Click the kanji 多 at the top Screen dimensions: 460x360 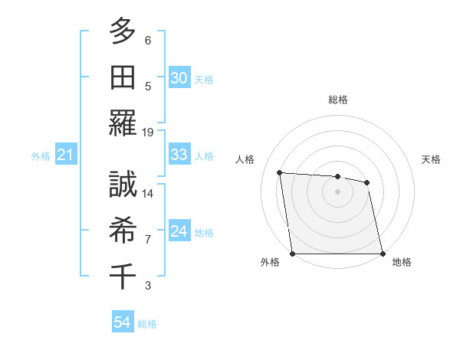(x=122, y=31)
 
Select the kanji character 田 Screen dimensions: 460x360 (x=122, y=77)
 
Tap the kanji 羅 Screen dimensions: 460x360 (x=122, y=123)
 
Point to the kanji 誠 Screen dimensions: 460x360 (x=122, y=185)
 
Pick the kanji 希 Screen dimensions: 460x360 (x=122, y=230)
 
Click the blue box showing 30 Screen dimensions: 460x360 (x=179, y=78)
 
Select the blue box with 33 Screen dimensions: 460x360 (x=179, y=155)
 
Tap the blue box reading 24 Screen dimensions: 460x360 (x=179, y=232)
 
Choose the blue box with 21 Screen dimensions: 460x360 (x=66, y=155)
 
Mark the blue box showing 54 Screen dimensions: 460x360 (x=122, y=323)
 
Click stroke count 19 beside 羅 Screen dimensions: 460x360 (x=148, y=132)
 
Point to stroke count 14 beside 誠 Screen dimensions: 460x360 (x=148, y=194)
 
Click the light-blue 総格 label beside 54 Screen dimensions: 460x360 (x=147, y=324)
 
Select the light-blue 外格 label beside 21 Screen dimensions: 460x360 (x=41, y=156)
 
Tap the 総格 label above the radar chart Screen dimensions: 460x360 (x=337, y=100)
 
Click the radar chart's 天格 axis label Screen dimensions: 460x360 (x=432, y=159)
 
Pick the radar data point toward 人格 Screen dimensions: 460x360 (x=280, y=172)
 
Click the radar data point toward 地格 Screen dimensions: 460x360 (x=382, y=254)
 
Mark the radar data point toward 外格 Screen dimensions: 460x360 (x=292, y=254)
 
